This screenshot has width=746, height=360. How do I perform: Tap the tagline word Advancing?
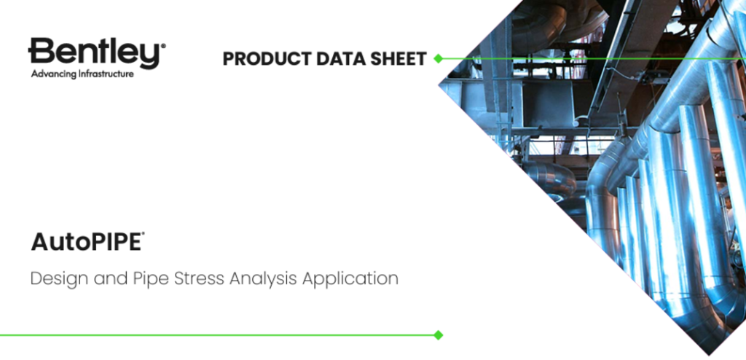click(52, 74)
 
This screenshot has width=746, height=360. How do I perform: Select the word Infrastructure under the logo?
click(104, 74)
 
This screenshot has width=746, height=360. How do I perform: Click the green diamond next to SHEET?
click(438, 58)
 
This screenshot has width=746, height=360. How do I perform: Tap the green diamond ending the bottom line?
click(438, 335)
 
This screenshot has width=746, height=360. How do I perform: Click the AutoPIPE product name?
click(86, 242)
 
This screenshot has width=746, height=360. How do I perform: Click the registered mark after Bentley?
click(163, 47)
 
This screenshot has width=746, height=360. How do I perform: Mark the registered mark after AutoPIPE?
click(143, 235)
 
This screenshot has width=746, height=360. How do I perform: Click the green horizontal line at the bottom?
click(219, 335)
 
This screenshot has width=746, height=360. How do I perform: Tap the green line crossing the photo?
click(592, 58)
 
